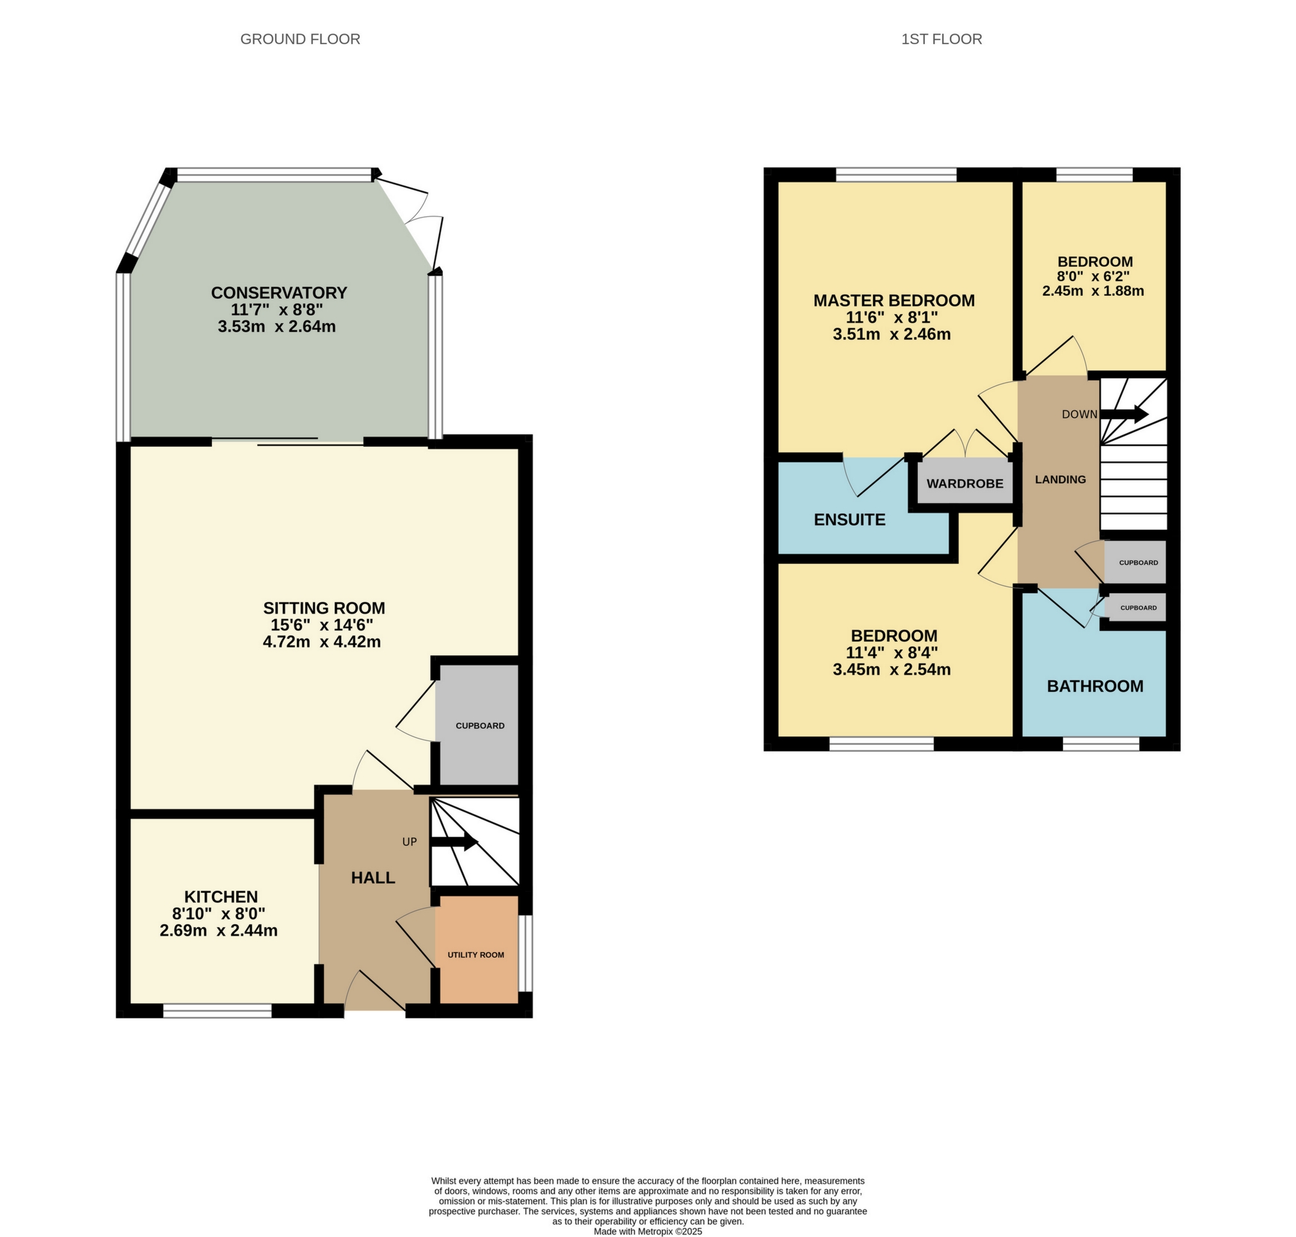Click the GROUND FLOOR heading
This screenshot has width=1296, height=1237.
point(300,39)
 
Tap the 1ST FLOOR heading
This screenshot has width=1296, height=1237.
point(941,39)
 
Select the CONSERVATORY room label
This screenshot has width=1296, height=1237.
point(278,292)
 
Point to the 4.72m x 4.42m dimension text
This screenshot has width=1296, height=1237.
point(321,642)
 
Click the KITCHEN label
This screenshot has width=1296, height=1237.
point(220,897)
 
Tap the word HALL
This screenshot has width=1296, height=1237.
point(372,877)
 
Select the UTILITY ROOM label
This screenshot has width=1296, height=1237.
point(476,955)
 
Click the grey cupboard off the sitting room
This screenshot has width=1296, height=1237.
point(479,725)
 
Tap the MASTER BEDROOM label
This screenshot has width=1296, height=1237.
point(893,301)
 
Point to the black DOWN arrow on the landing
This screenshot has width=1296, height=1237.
point(1124,414)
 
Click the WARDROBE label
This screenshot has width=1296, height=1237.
point(964,483)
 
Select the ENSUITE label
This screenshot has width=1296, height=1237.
point(849,520)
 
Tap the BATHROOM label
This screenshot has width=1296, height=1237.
point(1095,687)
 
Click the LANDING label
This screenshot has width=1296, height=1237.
point(1060,479)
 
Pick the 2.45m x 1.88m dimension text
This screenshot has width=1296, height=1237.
point(1093,291)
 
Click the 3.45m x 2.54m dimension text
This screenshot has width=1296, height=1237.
point(892,670)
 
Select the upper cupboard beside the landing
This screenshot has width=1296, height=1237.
point(1137,563)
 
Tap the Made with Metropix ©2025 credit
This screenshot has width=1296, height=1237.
point(648,1231)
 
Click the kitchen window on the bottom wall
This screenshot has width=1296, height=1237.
point(218,1011)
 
